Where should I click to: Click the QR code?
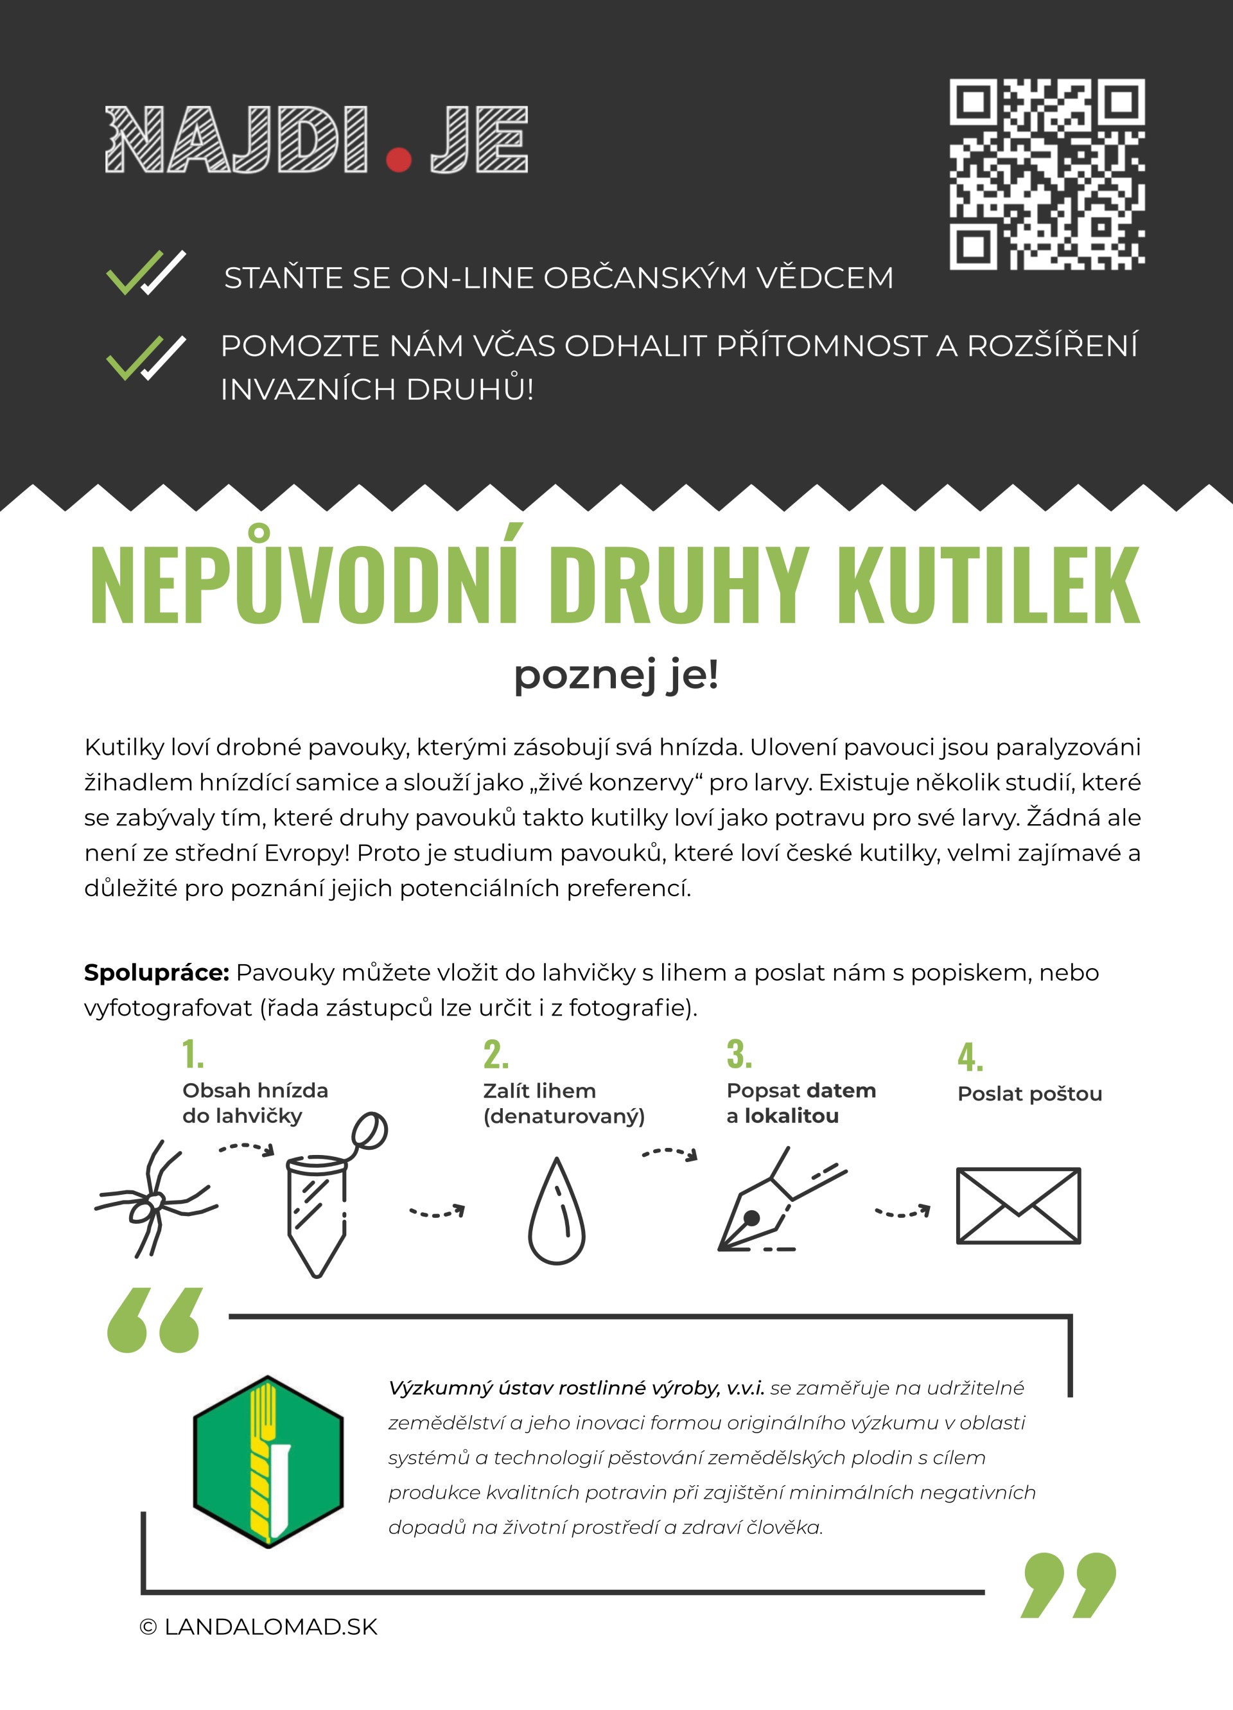(x=1047, y=174)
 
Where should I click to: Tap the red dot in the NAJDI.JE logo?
(x=398, y=159)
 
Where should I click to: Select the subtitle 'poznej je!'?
(x=616, y=674)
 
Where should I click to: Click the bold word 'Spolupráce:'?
(x=156, y=973)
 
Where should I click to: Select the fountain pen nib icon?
(x=776, y=1203)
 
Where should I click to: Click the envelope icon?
(x=1019, y=1206)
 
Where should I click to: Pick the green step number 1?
(x=192, y=1054)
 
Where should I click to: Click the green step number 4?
(x=970, y=1057)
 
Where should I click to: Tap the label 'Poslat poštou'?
(x=1029, y=1094)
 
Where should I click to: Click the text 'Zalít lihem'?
(x=539, y=1091)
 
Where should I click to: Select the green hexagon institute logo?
(x=268, y=1461)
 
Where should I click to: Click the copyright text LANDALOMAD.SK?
(x=259, y=1627)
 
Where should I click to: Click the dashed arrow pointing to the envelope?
(x=902, y=1212)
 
